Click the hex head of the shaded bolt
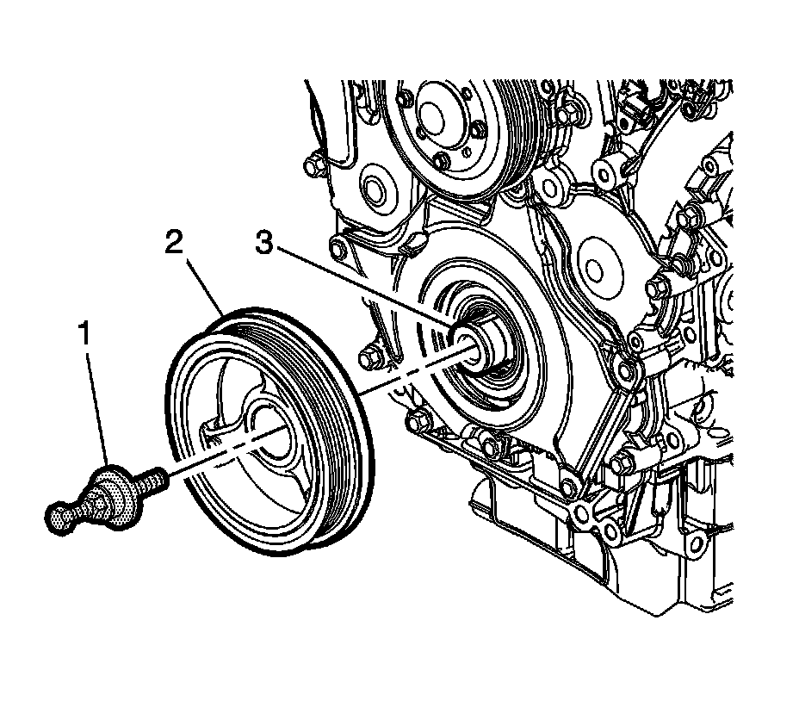point(60,517)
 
